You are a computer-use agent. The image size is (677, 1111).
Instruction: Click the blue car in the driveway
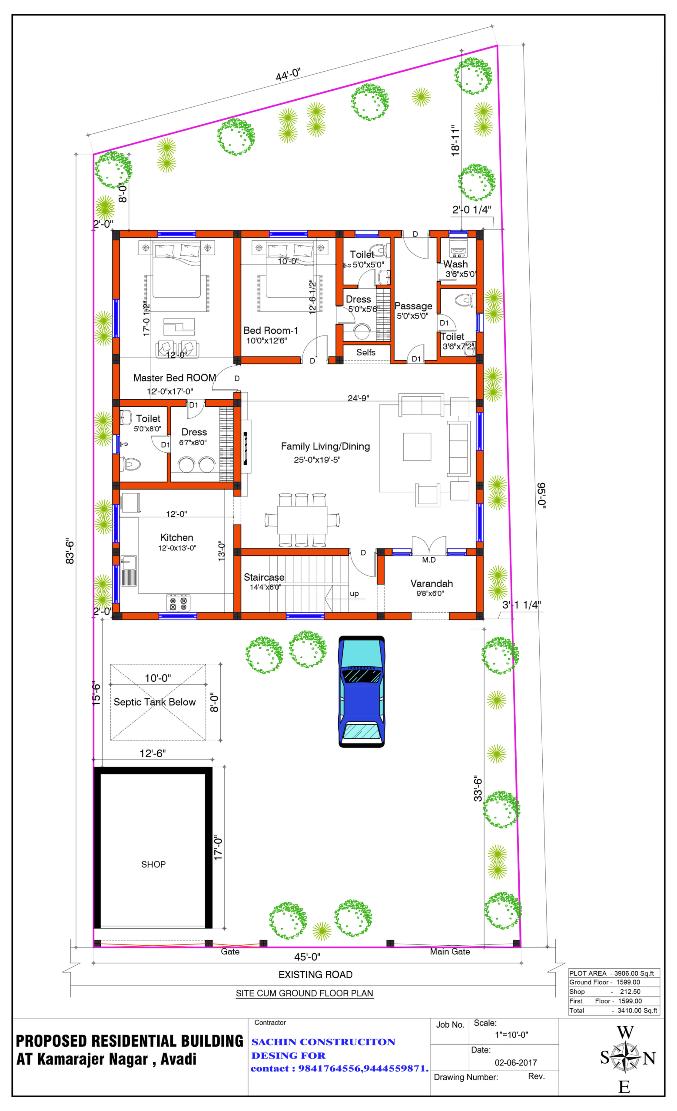pyautogui.click(x=362, y=692)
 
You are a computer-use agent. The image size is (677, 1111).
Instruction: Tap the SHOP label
pyautogui.click(x=153, y=865)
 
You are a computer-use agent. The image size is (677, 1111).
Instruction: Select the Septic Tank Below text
pyautogui.click(x=154, y=703)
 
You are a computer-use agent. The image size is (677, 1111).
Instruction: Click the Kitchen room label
pyautogui.click(x=176, y=538)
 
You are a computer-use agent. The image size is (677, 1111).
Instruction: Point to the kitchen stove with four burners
pyautogui.click(x=178, y=603)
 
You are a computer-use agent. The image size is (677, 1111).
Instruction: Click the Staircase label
pyautogui.click(x=264, y=578)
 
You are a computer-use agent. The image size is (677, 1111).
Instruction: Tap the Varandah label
pyautogui.click(x=431, y=584)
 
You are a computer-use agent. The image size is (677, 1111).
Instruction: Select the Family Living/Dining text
pyautogui.click(x=325, y=447)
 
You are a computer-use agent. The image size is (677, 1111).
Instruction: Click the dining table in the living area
pyautogui.click(x=302, y=520)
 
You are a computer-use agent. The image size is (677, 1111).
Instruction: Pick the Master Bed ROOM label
pyautogui.click(x=175, y=378)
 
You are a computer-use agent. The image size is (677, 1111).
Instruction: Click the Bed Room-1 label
pyautogui.click(x=270, y=331)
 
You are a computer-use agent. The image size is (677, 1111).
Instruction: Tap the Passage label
pyautogui.click(x=413, y=306)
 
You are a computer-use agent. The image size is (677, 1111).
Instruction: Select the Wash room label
pyautogui.click(x=455, y=264)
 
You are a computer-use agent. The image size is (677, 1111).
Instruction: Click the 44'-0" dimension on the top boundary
pyautogui.click(x=288, y=75)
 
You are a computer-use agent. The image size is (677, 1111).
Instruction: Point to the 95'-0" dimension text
pyautogui.click(x=541, y=496)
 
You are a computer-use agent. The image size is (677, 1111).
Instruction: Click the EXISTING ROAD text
pyautogui.click(x=315, y=975)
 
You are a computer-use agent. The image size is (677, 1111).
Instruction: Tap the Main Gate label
pyautogui.click(x=450, y=952)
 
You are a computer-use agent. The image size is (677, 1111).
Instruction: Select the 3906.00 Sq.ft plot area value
pyautogui.click(x=634, y=973)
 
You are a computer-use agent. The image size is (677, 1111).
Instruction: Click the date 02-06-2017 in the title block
pyautogui.click(x=515, y=1063)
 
